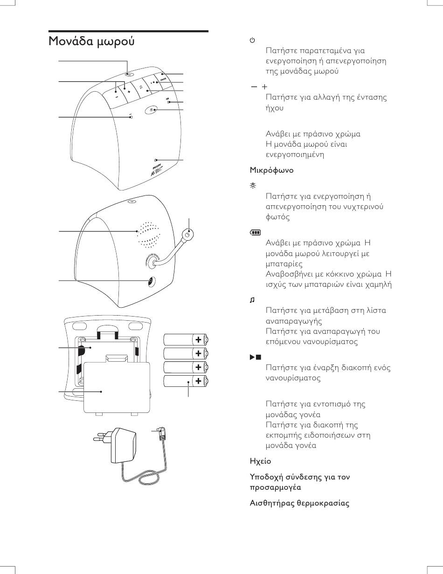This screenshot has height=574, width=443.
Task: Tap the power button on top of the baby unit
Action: click(x=129, y=73)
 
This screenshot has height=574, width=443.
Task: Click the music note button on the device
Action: click(x=140, y=87)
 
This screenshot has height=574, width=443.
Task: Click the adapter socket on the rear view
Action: click(x=150, y=282)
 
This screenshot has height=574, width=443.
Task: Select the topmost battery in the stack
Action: click(x=186, y=339)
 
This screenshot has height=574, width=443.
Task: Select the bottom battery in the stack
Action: click(x=186, y=381)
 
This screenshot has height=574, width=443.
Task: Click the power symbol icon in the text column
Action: click(x=252, y=41)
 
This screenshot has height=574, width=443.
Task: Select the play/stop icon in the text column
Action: click(x=255, y=358)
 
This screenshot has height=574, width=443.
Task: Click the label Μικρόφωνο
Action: click(x=272, y=170)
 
